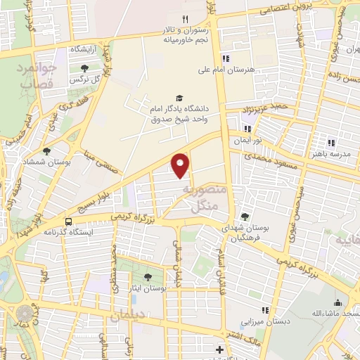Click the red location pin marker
(181, 165)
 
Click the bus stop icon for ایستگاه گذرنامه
(67, 220)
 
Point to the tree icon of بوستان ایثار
(148, 277)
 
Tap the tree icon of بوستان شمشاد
(46, 150)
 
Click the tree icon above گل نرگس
(84, 69)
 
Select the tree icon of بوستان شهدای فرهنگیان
(245, 217)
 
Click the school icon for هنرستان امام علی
(226, 58)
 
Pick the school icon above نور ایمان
(247, 129)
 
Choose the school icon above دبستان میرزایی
(265, 310)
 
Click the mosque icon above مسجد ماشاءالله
(337, 302)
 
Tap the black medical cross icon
(220, 350)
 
